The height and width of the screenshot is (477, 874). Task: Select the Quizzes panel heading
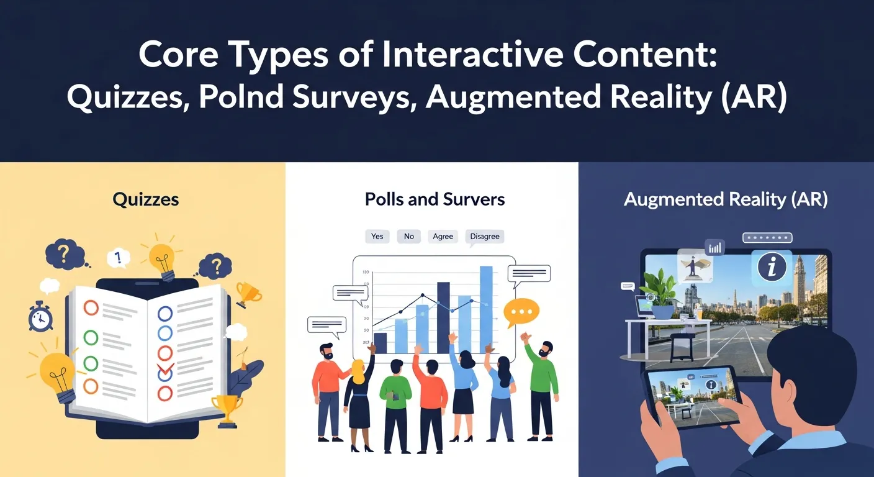tap(146, 199)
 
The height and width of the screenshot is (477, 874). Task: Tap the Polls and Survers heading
tap(435, 199)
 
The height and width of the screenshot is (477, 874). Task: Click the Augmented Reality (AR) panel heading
tap(726, 199)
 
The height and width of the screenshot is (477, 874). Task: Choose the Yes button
tap(377, 236)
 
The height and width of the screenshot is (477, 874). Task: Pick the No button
tap(409, 236)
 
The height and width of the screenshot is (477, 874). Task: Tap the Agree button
tap(443, 236)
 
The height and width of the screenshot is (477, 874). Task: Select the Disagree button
tap(485, 236)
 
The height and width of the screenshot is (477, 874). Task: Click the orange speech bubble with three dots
tap(521, 312)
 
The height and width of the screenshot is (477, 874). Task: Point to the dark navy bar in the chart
tap(443, 318)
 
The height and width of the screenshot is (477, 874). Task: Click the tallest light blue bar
tap(486, 309)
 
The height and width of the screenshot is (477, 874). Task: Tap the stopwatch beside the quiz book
tap(40, 317)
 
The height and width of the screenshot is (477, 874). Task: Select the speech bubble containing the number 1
tap(117, 257)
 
